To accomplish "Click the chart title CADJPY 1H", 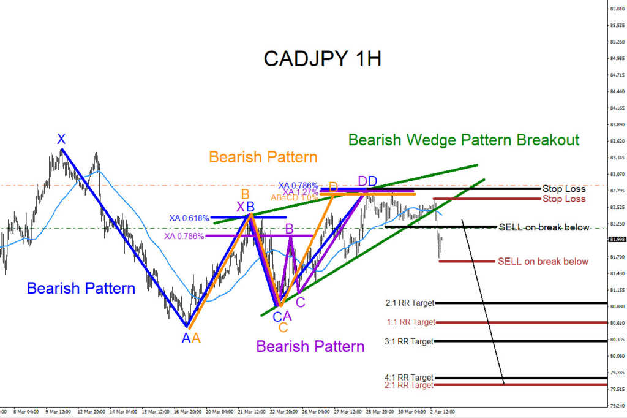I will tap(322, 58).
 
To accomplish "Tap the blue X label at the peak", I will tap(61, 139).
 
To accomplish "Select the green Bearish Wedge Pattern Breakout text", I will tap(464, 140).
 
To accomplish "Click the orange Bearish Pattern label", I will tap(263, 157).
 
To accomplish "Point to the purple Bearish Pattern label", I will tap(310, 346).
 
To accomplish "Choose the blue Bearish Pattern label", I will tap(81, 288).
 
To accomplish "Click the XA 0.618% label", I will tap(189, 218).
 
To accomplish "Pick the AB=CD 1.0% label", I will tap(295, 198).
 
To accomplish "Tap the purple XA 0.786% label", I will tap(184, 236).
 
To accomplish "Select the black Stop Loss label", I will tap(564, 189).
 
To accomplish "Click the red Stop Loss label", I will tap(564, 199).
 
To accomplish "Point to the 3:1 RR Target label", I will tap(409, 341).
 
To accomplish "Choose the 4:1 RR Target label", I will tap(409, 378).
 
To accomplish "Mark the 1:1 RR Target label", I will tap(411, 322).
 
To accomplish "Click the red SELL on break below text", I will tap(543, 262).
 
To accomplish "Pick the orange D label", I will tap(334, 186).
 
